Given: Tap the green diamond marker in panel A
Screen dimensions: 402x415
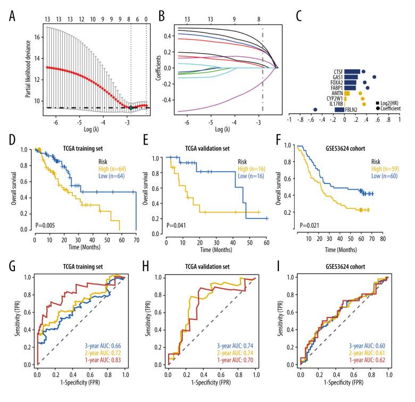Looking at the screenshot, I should click(x=131, y=107).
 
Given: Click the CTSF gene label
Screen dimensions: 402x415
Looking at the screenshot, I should click(x=336, y=71).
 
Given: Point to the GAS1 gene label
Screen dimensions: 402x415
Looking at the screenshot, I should click(x=336, y=77).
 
